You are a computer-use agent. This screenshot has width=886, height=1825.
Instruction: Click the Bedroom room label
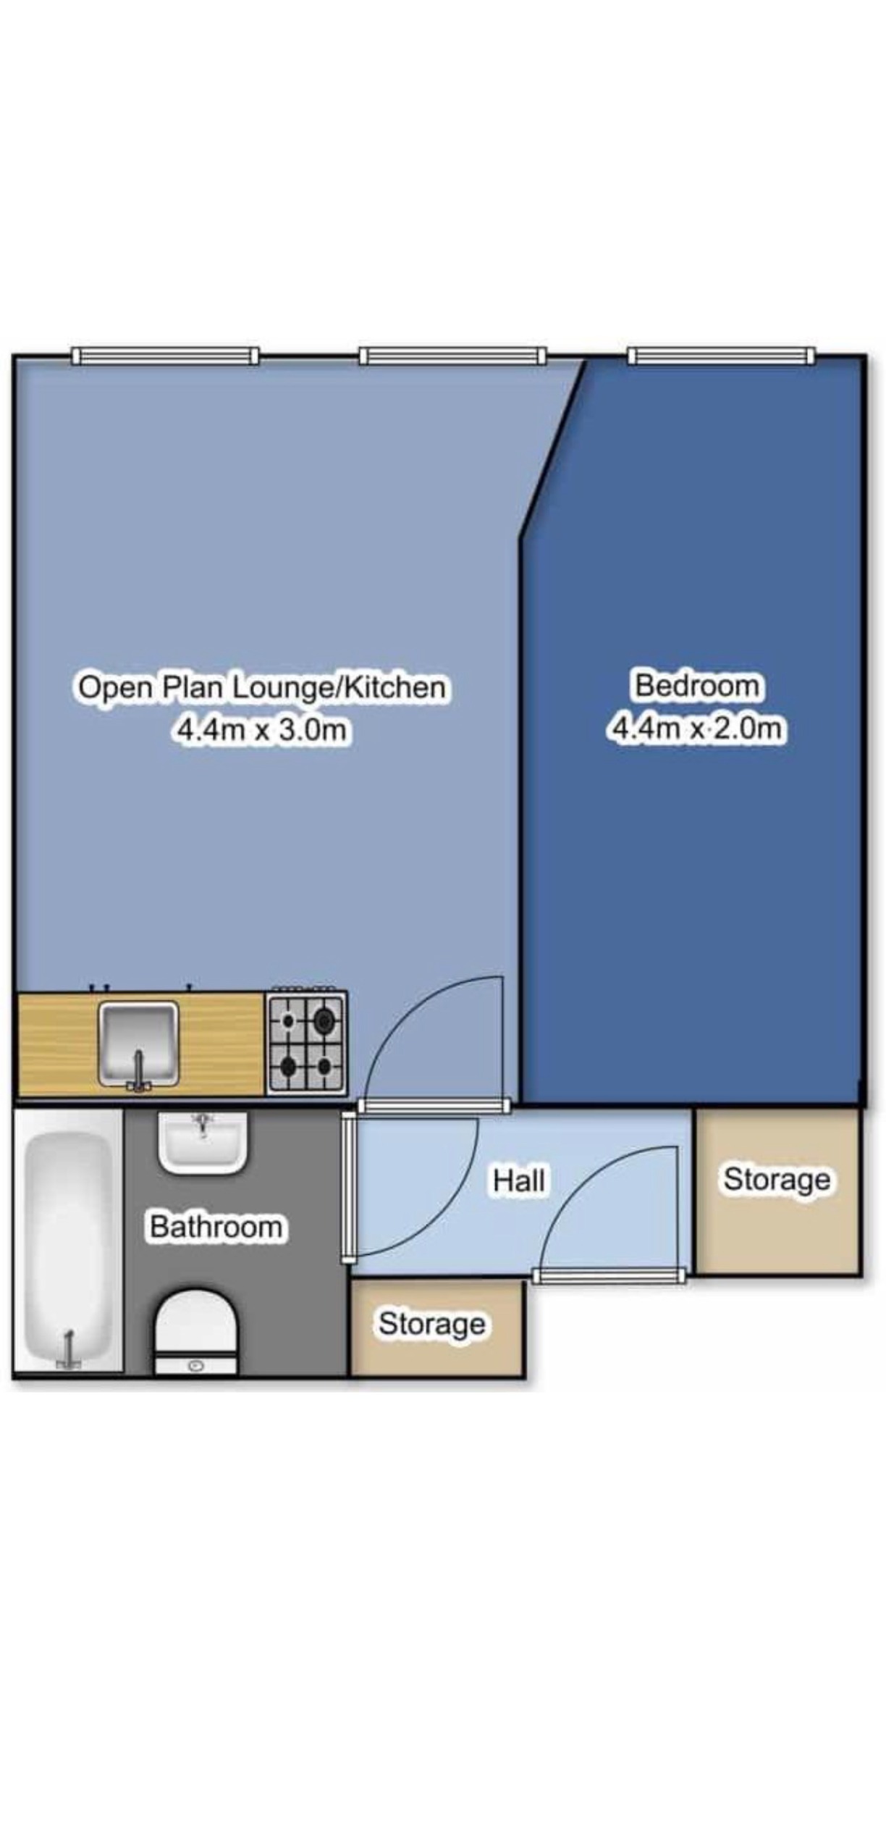pyautogui.click(x=697, y=685)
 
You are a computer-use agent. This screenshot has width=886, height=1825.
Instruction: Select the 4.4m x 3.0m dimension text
pyautogui.click(x=262, y=729)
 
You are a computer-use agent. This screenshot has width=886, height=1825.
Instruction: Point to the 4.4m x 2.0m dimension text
pyautogui.click(x=697, y=727)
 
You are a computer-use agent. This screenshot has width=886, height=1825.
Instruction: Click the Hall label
pyautogui.click(x=519, y=1180)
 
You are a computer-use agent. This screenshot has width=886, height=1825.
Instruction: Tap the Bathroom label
pyautogui.click(x=216, y=1227)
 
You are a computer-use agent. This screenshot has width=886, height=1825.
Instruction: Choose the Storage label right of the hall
pyautogui.click(x=777, y=1180)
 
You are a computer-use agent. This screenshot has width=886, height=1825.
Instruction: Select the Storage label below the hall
pyautogui.click(x=432, y=1324)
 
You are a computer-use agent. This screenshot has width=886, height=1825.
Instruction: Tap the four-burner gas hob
pyautogui.click(x=306, y=1043)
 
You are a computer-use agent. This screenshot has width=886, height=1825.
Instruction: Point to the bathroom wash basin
pyautogui.click(x=203, y=1141)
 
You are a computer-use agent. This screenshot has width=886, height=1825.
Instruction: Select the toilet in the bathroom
pyautogui.click(x=196, y=1330)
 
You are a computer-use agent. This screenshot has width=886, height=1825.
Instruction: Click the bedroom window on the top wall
pyautogui.click(x=721, y=356)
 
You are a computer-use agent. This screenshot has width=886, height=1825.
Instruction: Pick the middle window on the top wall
pyautogui.click(x=452, y=356)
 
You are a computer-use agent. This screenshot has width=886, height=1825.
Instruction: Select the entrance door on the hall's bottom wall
pyautogui.click(x=609, y=1275)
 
